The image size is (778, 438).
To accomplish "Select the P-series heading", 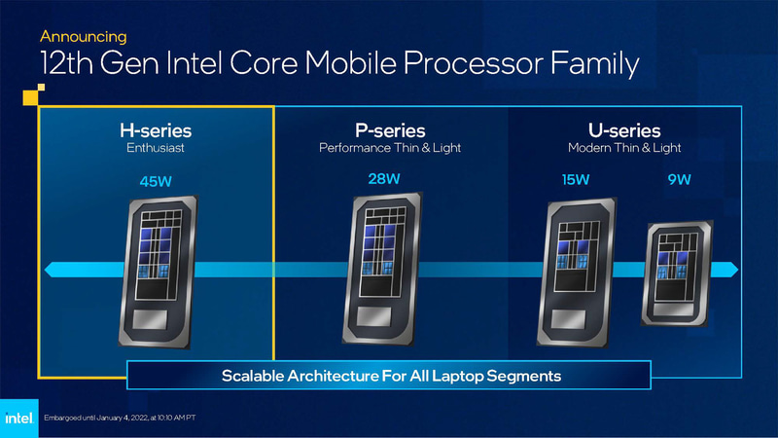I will click(389, 129).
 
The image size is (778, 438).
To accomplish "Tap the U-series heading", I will click(624, 129).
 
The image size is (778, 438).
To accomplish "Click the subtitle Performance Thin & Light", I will click(389, 149).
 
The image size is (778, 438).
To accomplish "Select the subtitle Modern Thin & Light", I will click(624, 149).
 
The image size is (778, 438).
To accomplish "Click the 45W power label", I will click(157, 181).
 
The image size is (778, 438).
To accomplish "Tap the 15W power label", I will click(576, 180).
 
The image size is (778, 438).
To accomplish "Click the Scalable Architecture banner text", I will click(392, 375).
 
